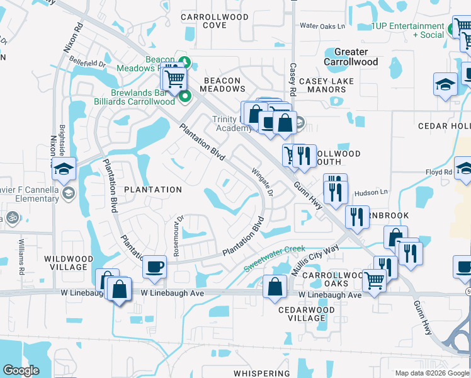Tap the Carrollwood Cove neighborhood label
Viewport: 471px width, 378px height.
(x=206, y=20)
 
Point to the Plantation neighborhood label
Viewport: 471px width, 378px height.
(x=153, y=189)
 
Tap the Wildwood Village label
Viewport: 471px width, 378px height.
(x=69, y=263)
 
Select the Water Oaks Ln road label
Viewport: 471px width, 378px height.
(x=322, y=26)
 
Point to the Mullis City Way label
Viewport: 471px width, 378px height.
(x=315, y=259)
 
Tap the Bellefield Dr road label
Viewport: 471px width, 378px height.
(x=88, y=64)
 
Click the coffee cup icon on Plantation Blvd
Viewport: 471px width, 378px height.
(x=154, y=266)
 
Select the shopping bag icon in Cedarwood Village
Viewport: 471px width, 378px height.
(x=275, y=287)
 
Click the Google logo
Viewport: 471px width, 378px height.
(x=21, y=370)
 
